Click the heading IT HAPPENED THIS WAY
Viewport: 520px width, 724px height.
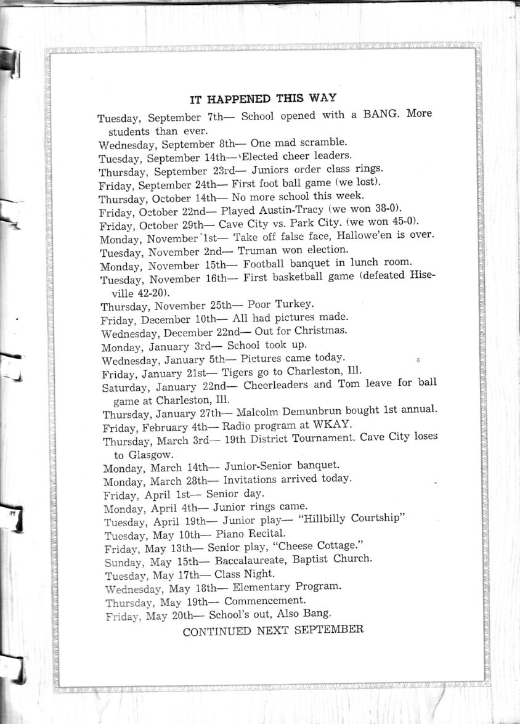point(262,98)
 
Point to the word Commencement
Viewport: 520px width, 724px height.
point(265,601)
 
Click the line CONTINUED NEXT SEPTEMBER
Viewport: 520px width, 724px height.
point(273,630)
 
